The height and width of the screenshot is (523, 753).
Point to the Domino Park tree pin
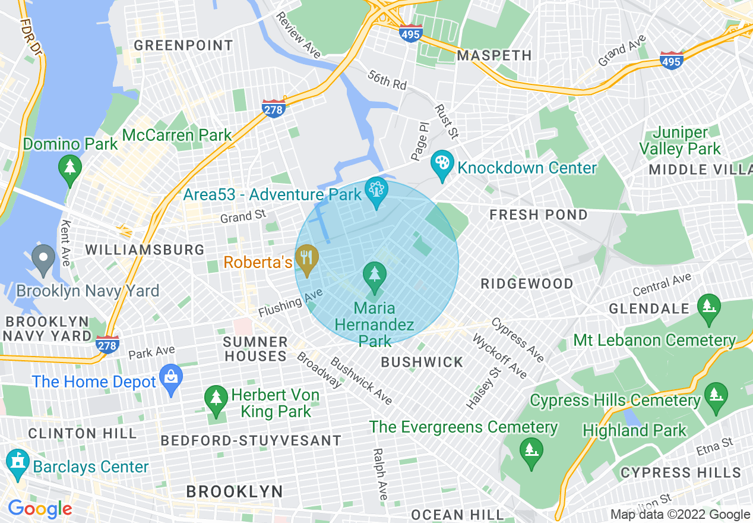[x=70, y=168]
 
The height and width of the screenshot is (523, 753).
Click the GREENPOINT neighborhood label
[x=183, y=45]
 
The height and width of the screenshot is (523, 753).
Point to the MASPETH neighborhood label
[x=494, y=55]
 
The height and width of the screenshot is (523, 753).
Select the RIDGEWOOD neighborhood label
[x=527, y=283]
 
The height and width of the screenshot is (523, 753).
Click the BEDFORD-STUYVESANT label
[x=252, y=440]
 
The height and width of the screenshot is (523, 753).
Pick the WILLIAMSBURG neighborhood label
[x=145, y=250]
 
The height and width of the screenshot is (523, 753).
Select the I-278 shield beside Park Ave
[x=108, y=344]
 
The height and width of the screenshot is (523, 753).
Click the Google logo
[x=40, y=509]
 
